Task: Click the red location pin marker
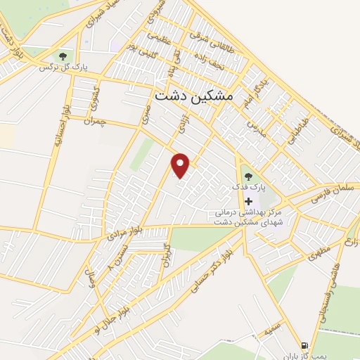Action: (181, 165)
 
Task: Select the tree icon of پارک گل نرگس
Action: (63, 56)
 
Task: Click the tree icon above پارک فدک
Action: (247, 175)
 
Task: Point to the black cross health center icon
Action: (247, 200)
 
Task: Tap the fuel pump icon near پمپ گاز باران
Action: (304, 345)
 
